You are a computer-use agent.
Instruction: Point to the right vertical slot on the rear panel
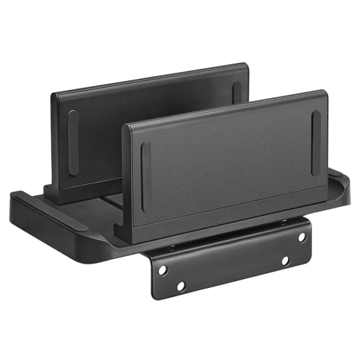coord(237,93)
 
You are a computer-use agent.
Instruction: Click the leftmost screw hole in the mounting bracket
coord(163,270)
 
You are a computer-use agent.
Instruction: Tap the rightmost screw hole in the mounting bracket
coord(302,237)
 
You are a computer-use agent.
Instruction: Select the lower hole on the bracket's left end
coord(181,286)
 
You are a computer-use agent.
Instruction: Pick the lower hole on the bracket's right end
coord(285,260)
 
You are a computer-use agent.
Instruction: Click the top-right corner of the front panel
coord(325,92)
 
